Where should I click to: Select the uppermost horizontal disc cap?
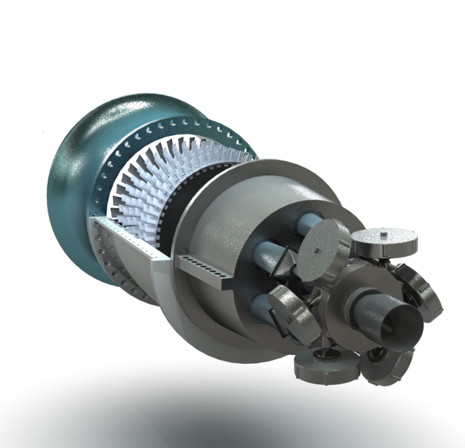tap(384, 241)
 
